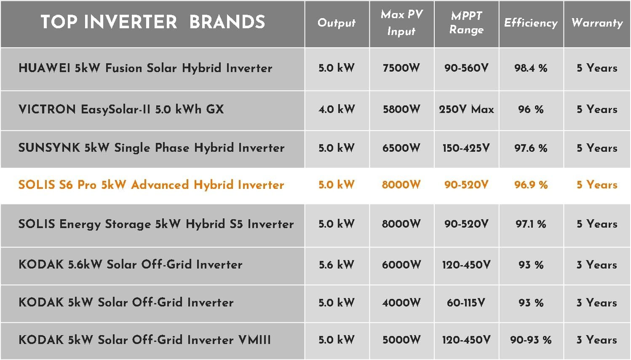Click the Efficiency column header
click(531, 23)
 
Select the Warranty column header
click(597, 23)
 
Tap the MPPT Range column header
click(466, 23)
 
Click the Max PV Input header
click(402, 23)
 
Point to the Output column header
click(337, 23)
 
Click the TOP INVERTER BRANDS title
click(153, 22)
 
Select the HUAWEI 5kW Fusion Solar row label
click(145, 68)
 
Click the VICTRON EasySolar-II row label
click(121, 109)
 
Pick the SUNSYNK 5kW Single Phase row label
click(152, 148)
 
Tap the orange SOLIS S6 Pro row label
click(151, 185)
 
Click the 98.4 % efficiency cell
click(531, 68)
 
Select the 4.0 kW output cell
click(337, 109)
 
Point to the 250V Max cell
click(466, 109)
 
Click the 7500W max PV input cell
click(401, 68)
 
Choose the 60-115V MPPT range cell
click(466, 303)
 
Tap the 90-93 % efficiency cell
click(531, 340)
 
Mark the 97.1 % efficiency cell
click(531, 224)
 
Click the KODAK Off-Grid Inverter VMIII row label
click(145, 340)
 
